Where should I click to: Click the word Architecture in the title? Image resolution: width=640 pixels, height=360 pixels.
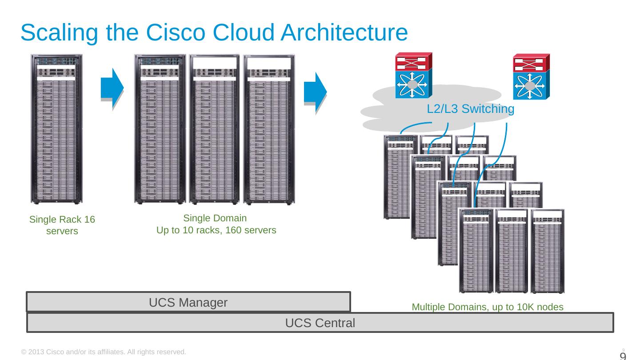[337, 33]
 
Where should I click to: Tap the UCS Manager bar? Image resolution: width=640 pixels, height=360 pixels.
[188, 302]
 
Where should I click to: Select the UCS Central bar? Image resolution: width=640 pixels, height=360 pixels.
[320, 323]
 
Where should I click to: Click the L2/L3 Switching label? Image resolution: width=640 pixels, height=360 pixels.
[470, 109]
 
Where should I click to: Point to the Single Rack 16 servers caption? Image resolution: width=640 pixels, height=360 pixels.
[62, 225]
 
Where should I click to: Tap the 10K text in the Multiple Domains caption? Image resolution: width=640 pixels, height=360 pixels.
[531, 307]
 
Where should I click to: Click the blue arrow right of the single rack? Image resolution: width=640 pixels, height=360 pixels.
[112, 88]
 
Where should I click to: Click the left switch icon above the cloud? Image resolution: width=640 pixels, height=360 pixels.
[413, 76]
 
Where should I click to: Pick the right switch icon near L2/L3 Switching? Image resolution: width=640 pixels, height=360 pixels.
[531, 76]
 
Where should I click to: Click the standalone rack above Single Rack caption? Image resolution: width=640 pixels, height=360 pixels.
[56, 129]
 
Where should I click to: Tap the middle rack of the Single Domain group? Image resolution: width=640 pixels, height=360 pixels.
[215, 129]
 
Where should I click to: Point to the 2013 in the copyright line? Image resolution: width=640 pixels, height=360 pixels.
[36, 352]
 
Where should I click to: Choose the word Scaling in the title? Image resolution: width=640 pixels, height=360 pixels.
[60, 33]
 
